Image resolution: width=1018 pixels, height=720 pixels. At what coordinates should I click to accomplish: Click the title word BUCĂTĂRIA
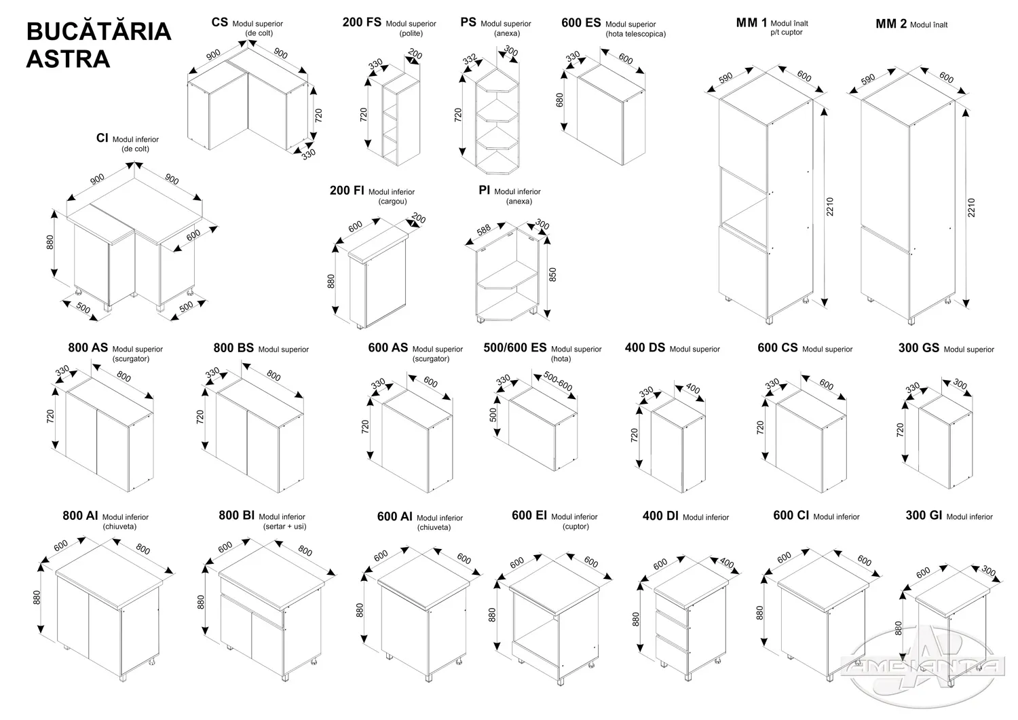(x=98, y=32)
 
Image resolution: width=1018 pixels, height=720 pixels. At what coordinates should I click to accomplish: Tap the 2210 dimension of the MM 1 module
(x=830, y=206)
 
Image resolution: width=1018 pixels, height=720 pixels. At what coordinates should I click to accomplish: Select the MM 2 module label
(x=891, y=24)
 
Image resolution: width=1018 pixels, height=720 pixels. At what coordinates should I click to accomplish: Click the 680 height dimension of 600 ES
(x=560, y=100)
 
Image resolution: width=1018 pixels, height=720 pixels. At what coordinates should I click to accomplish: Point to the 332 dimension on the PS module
(x=469, y=60)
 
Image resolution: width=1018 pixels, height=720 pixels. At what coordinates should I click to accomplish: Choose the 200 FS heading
(x=362, y=22)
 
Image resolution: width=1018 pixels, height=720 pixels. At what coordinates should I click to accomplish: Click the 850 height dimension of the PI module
(x=553, y=274)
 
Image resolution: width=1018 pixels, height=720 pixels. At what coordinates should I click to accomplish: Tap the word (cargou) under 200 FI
(x=392, y=202)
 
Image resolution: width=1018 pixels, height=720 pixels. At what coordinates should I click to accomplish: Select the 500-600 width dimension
(x=558, y=381)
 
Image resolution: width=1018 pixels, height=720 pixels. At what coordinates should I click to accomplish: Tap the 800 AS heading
(x=88, y=347)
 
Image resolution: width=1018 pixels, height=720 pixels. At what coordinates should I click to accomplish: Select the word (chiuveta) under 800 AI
(x=119, y=527)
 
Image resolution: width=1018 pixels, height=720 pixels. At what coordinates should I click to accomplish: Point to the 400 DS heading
(x=645, y=347)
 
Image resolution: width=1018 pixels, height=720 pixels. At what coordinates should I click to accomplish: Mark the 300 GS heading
(x=918, y=347)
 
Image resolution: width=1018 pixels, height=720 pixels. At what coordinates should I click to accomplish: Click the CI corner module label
(x=102, y=138)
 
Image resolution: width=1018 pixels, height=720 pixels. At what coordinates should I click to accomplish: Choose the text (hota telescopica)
(x=635, y=34)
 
